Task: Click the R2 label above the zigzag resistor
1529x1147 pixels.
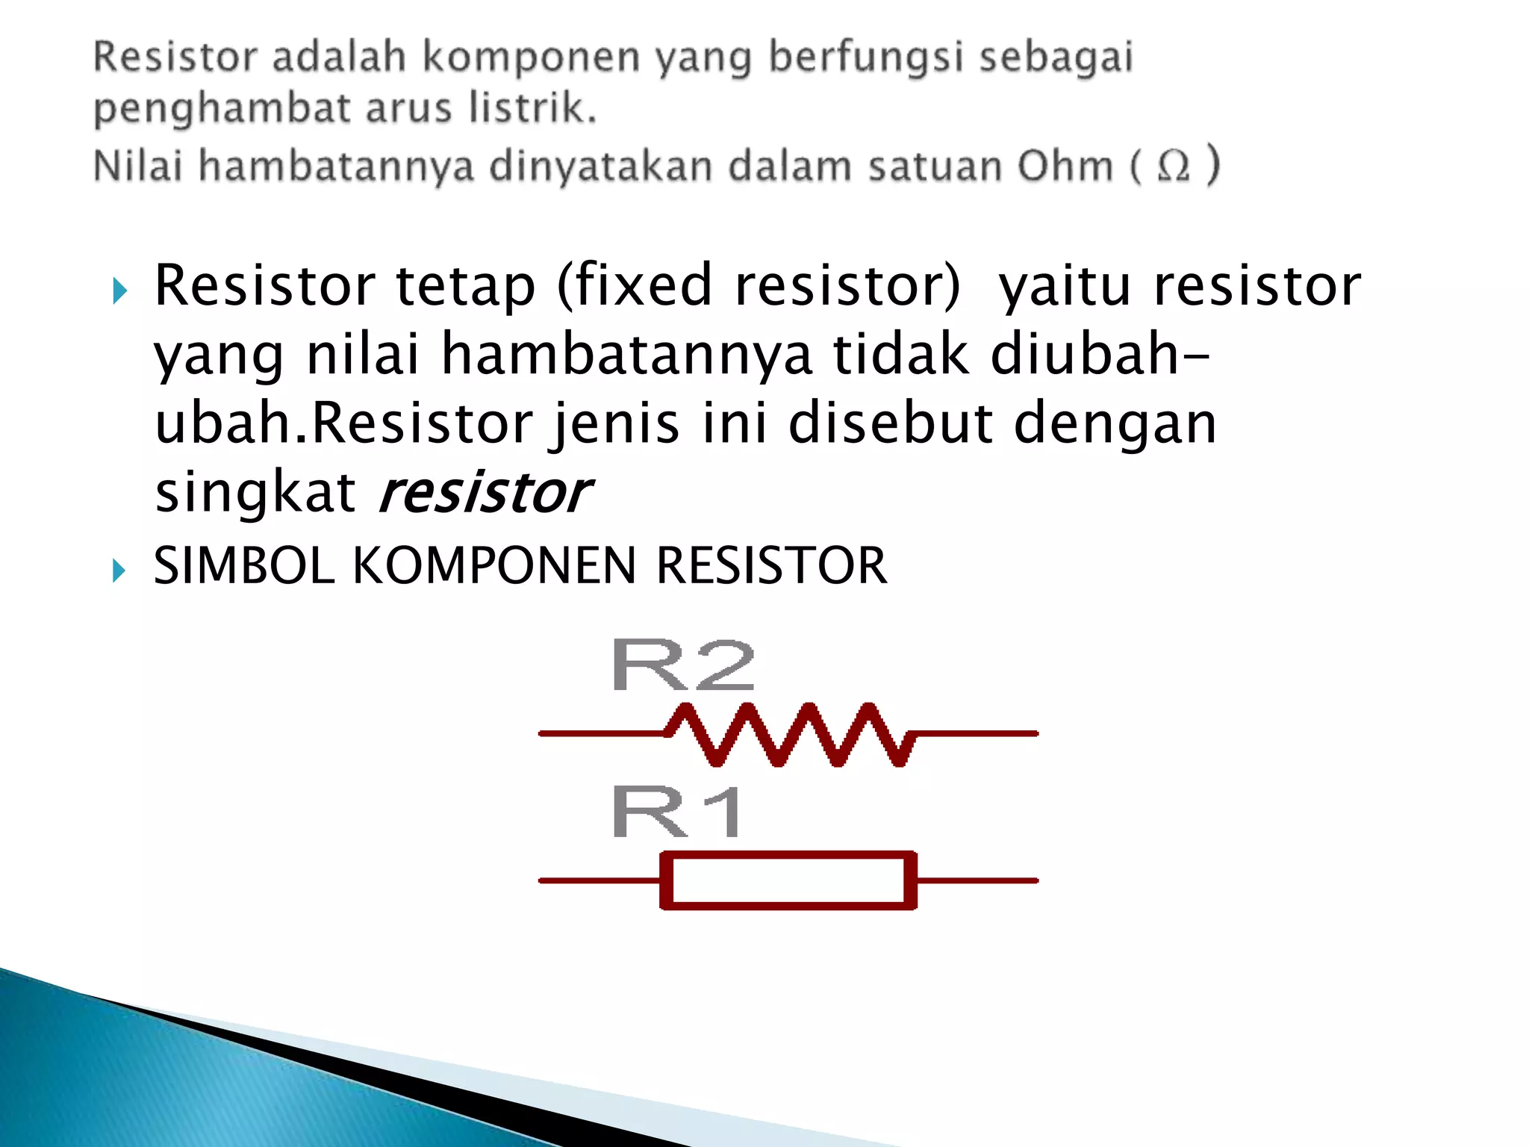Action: click(682, 665)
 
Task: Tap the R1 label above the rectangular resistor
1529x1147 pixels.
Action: click(676, 812)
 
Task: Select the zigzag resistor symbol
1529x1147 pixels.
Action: click(788, 734)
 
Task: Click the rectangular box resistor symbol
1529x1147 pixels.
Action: click(788, 880)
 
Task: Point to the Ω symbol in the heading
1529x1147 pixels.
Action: click(1173, 166)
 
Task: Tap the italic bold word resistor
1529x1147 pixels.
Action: click(485, 493)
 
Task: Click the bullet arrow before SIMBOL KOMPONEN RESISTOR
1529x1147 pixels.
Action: click(119, 571)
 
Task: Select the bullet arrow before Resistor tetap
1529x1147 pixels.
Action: click(119, 291)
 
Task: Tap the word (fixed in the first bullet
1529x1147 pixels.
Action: click(635, 285)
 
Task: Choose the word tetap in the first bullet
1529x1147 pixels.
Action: click(465, 287)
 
